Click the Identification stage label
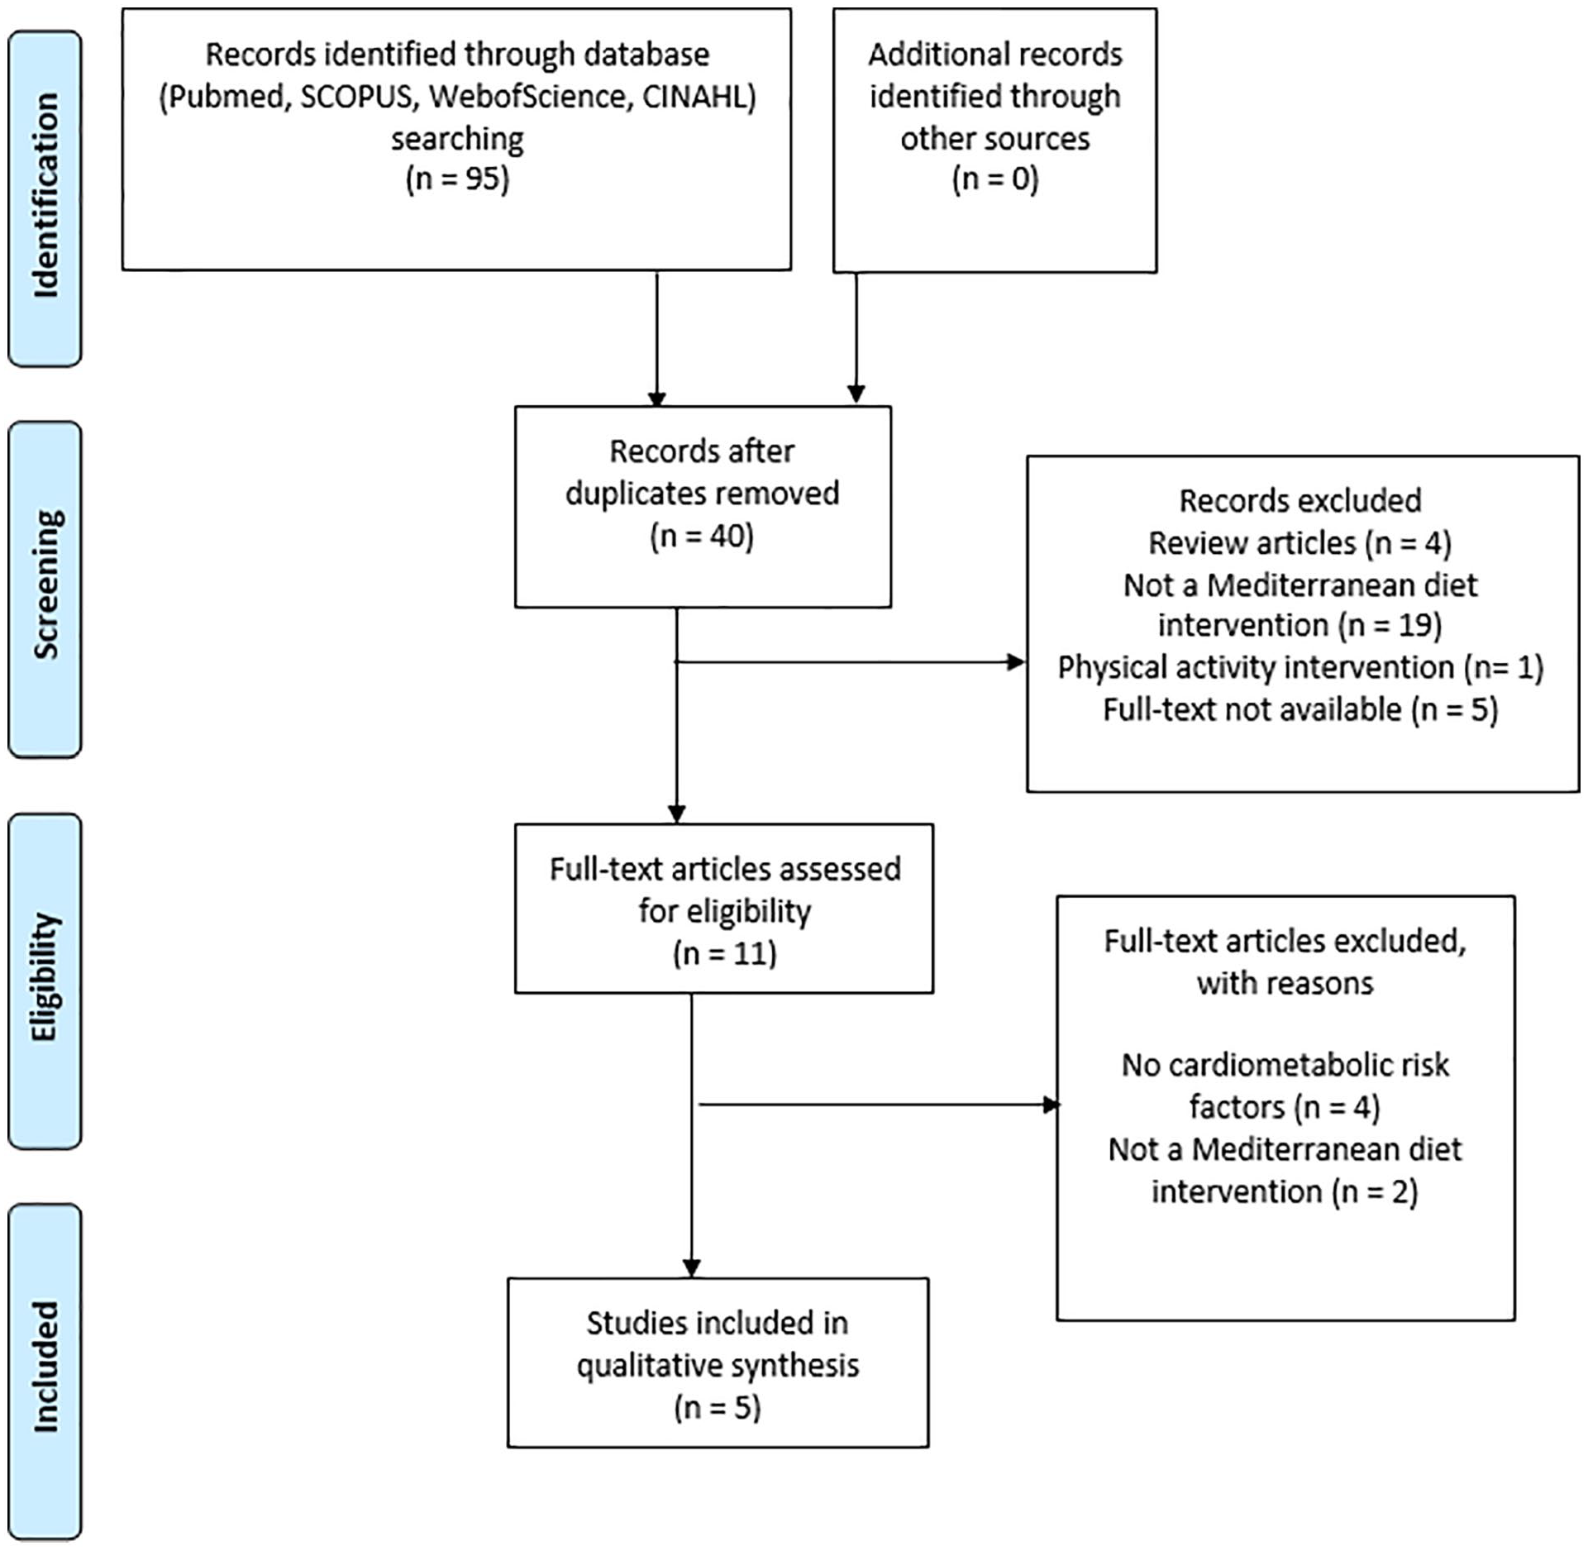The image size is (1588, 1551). click(45, 195)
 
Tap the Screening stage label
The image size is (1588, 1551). click(45, 584)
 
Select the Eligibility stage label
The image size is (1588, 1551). click(45, 977)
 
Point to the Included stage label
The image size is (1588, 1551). click(45, 1366)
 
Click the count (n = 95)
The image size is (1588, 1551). click(457, 179)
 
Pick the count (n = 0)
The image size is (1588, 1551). click(995, 179)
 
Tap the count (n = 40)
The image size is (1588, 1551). click(702, 536)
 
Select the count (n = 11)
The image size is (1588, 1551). click(724, 953)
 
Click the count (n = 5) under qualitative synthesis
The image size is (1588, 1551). click(718, 1407)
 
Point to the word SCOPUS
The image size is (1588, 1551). click(355, 97)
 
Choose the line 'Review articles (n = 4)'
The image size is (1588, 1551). click(1299, 543)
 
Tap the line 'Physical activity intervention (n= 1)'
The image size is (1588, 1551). click(1300, 667)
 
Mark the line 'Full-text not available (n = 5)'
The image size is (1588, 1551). click(1300, 709)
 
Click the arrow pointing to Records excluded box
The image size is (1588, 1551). click(850, 661)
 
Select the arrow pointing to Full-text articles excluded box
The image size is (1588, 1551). click(880, 1105)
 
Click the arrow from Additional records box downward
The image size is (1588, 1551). click(856, 337)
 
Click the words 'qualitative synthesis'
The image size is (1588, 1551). click(718, 1365)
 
